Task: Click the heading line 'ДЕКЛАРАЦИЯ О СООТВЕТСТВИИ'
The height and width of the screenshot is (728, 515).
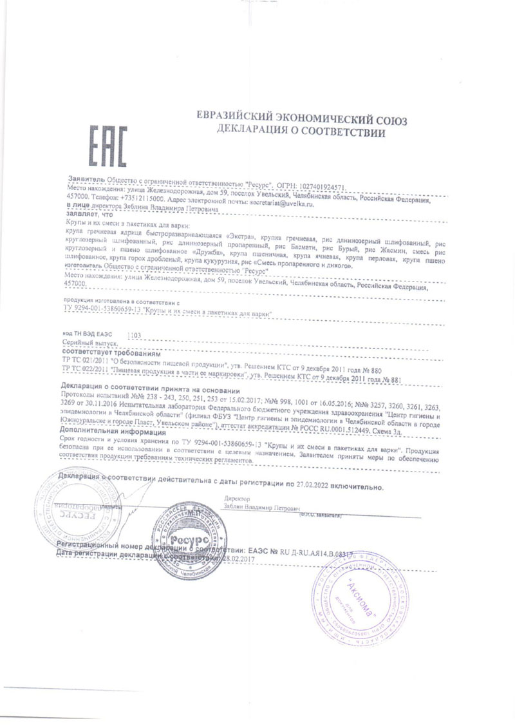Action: [x=301, y=133]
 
